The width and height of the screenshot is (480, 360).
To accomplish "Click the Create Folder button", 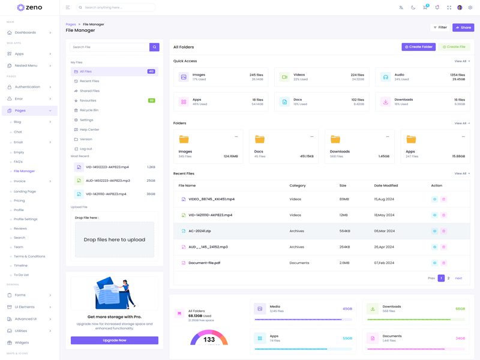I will tap(418, 47).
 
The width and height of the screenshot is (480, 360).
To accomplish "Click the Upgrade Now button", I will tap(115, 340).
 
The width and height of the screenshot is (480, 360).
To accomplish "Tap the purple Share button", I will tap(463, 28).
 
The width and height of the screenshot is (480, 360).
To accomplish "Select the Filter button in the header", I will tap(440, 28).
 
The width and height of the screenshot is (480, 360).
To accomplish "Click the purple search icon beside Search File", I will tap(154, 47).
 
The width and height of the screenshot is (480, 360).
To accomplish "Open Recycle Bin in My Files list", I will tap(89, 110).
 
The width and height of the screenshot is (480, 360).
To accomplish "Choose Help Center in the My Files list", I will tap(89, 130).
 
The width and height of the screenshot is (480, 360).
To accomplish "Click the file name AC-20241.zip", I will tap(200, 231).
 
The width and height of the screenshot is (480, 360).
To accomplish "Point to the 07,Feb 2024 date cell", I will tap(384, 263).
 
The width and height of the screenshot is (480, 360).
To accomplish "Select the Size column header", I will tap(343, 185).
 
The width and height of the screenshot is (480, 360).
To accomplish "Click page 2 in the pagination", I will tap(448, 278).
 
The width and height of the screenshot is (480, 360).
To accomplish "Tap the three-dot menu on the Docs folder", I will tap(312, 137).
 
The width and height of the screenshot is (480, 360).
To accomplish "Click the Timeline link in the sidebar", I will tap(21, 265).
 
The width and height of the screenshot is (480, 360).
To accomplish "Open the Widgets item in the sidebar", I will tap(22, 343).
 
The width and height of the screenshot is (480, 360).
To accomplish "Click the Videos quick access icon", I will tap(284, 77).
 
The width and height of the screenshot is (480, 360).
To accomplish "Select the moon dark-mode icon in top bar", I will tap(413, 8).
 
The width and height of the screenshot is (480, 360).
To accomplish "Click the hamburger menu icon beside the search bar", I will tap(68, 8).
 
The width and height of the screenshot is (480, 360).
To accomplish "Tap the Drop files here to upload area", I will tap(115, 239).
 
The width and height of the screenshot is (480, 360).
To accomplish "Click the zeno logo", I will tap(29, 8).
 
